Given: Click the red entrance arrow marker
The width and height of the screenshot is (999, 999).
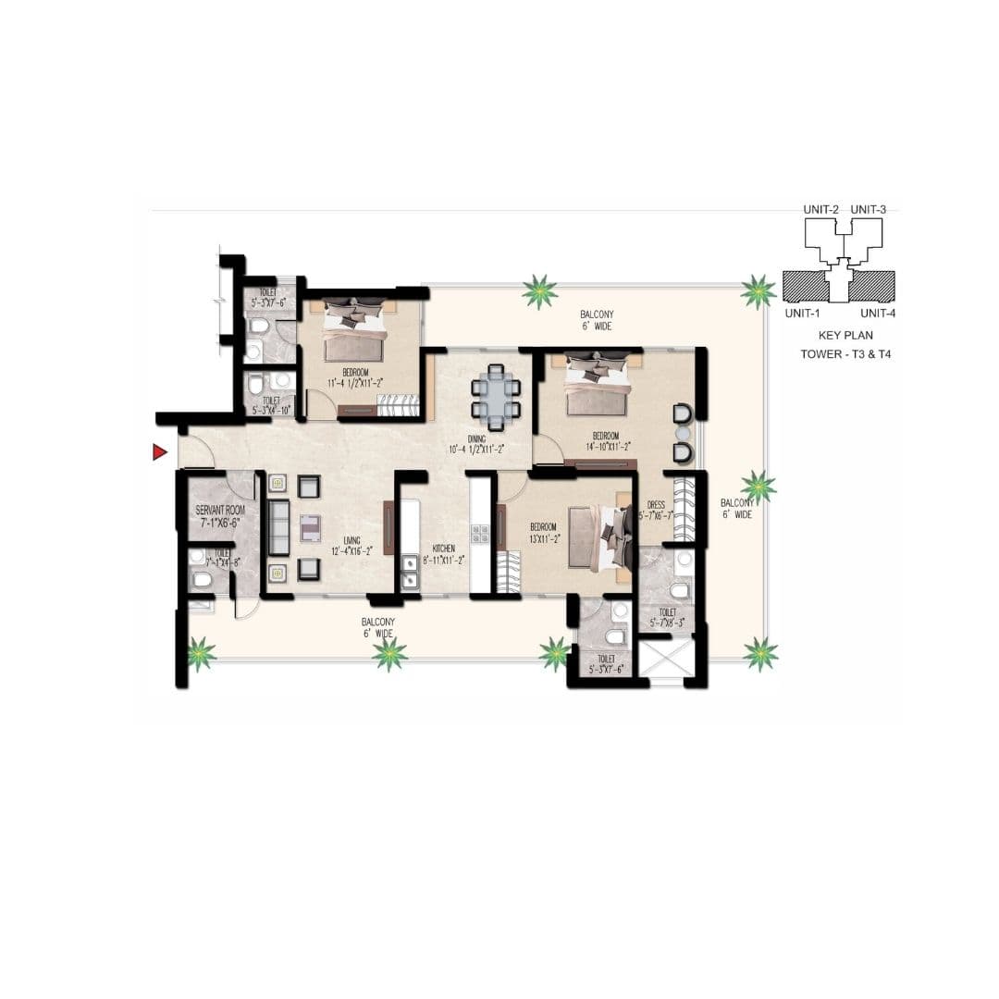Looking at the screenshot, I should click(159, 451).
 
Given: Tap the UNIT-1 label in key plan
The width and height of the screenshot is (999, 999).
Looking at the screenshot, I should click(802, 313).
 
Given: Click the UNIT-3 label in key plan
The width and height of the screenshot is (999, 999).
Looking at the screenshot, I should click(868, 210).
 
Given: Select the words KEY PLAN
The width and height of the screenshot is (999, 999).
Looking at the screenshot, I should click(845, 336).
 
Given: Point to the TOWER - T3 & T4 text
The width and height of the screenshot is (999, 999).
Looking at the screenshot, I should click(845, 354).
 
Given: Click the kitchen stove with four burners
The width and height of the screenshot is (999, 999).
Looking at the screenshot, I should click(481, 534).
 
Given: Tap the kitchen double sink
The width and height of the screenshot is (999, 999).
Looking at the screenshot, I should click(409, 575).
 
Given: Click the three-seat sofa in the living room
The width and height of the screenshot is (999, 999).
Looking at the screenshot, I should click(278, 527).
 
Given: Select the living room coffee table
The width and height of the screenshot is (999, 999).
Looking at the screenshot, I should click(310, 527).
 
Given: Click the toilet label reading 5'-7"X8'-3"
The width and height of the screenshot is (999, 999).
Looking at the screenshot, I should click(666, 618).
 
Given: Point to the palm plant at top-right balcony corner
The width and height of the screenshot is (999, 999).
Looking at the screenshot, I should click(758, 291).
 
